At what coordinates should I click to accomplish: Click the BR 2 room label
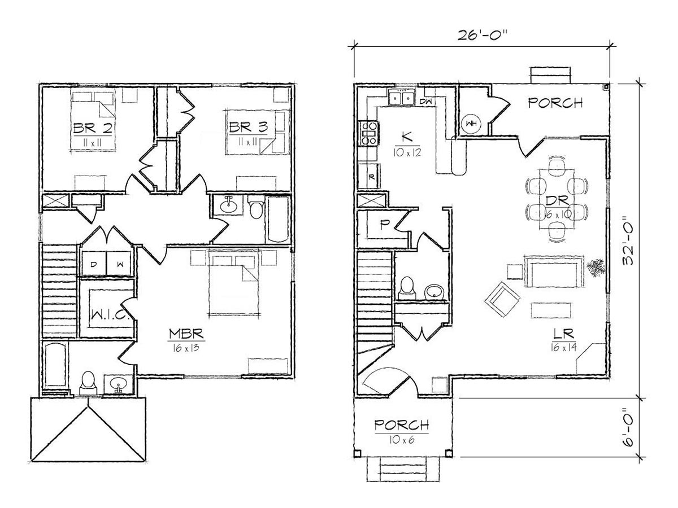point(93,128)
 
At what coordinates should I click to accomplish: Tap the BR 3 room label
point(248,127)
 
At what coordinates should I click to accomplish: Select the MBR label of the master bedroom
point(186,334)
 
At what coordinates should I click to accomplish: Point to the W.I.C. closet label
point(110,314)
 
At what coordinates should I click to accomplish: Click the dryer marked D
point(93,264)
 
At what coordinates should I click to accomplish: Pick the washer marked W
point(119,264)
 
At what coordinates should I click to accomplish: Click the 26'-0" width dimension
point(482,36)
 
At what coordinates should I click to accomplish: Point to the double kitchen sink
point(401,98)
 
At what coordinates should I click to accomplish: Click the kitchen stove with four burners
point(368,134)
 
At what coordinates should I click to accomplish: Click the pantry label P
point(383,225)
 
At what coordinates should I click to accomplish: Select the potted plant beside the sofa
point(594,268)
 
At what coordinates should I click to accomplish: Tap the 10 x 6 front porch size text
point(402,440)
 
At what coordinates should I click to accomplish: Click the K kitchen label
point(407,136)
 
